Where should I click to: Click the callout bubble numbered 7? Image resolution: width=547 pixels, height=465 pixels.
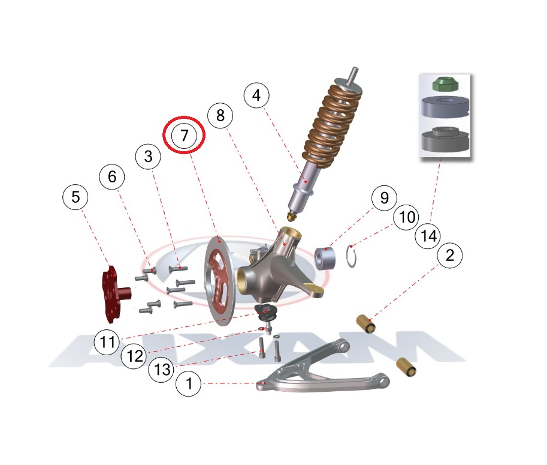(x=184, y=135)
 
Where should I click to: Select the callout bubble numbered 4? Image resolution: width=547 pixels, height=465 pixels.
(x=256, y=95)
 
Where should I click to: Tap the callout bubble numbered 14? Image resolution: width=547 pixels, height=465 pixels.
(x=428, y=236)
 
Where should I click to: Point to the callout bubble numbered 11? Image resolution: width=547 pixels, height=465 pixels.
(x=107, y=341)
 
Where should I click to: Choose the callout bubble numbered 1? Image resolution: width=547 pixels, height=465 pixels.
(x=188, y=383)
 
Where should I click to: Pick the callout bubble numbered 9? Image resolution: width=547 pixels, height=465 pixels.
(x=385, y=198)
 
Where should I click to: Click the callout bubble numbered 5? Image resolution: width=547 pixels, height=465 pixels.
(x=75, y=197)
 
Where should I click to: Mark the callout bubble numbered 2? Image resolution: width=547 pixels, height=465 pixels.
(x=450, y=256)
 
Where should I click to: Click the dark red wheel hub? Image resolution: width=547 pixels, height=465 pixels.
(x=114, y=293)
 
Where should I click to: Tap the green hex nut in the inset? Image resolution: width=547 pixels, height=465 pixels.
(x=445, y=85)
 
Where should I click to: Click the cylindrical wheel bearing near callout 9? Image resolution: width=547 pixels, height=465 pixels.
(x=325, y=259)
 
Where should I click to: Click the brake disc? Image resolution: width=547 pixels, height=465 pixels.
(x=217, y=281)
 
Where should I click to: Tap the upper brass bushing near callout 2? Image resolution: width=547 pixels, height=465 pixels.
(x=365, y=324)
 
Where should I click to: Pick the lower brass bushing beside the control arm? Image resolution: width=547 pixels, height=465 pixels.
(x=406, y=368)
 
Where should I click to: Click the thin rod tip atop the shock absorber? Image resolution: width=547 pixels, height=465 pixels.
(x=355, y=74)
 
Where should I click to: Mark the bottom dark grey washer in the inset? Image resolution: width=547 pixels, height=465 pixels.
(x=445, y=139)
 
